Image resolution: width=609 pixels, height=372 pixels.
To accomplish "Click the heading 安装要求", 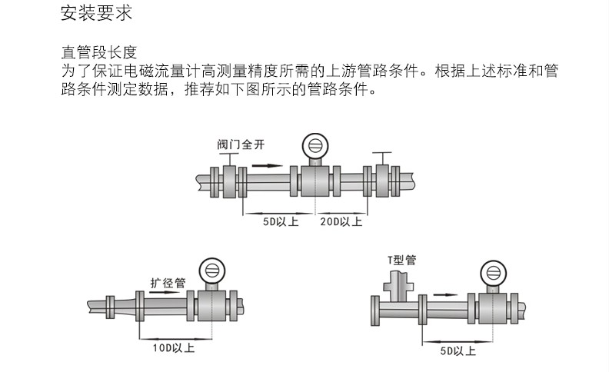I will point(91,14).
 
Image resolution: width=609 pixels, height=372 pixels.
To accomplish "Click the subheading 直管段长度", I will point(98,52).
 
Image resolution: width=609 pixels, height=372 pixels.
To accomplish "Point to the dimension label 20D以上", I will point(341,222).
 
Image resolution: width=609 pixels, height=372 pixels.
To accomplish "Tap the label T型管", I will point(401,260).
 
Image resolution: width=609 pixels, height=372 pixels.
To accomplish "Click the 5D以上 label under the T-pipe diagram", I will point(458,351).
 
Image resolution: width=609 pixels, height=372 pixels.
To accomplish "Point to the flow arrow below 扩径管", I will point(163,293).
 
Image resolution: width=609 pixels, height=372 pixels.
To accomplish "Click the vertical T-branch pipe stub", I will point(398,287).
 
